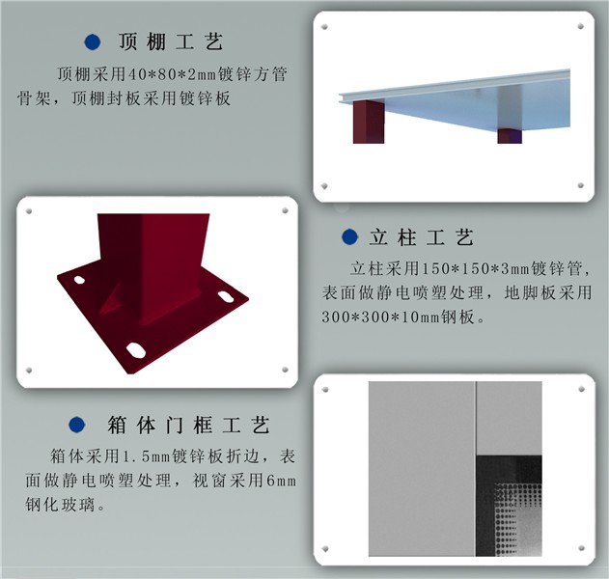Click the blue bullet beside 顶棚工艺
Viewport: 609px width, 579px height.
point(93,41)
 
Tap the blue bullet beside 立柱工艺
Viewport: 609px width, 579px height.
point(349,236)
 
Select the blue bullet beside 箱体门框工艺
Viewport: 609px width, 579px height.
point(77,425)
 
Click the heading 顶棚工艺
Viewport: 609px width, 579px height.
point(171,41)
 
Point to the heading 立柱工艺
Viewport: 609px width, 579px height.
point(422,237)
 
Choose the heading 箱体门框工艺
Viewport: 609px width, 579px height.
point(189,425)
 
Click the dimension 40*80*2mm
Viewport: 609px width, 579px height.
point(172,74)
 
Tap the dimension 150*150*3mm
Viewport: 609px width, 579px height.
point(475,268)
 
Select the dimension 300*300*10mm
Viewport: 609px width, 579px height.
point(380,317)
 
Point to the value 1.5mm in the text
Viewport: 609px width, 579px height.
point(147,456)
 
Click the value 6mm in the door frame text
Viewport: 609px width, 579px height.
point(281,482)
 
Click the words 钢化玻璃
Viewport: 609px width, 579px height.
point(60,506)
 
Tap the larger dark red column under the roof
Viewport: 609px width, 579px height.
point(369,122)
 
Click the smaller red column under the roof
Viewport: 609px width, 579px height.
point(510,136)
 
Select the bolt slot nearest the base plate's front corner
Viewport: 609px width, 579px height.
point(136,350)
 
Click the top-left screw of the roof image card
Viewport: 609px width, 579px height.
point(324,27)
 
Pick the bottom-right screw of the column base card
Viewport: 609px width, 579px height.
point(285,370)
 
